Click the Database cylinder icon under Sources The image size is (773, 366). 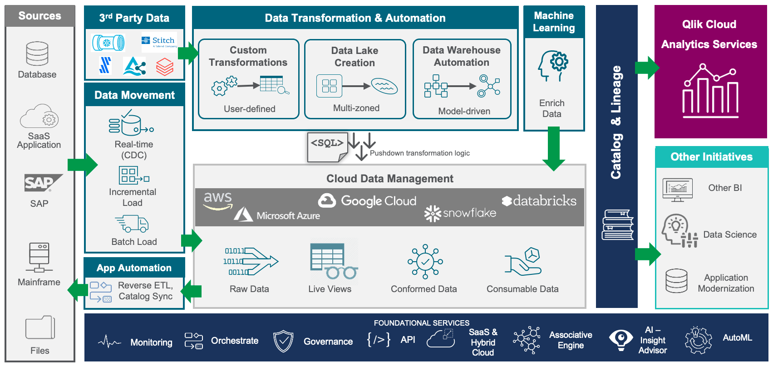37,54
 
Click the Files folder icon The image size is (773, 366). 40,327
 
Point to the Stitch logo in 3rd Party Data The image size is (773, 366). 159,42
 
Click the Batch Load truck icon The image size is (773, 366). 132,224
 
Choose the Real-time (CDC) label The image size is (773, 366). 134,150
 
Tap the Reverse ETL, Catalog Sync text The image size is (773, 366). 146,291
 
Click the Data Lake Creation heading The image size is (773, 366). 354,57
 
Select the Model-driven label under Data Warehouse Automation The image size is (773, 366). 464,111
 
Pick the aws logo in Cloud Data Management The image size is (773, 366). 218,200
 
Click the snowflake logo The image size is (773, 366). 460,213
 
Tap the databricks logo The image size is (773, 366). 539,201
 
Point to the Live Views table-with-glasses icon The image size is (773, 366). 333,261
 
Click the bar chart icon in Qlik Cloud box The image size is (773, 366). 710,91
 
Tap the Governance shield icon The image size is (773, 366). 283,341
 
